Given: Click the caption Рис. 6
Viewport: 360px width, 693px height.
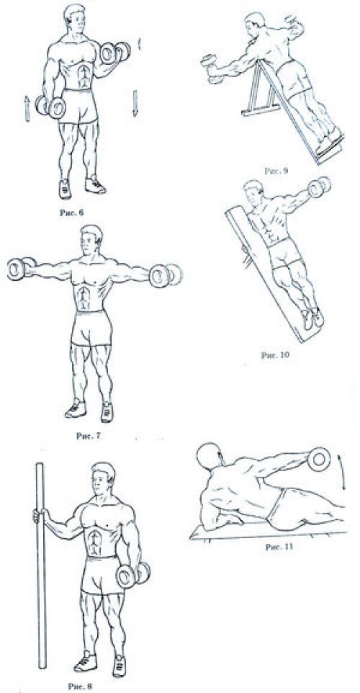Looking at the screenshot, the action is point(71,212).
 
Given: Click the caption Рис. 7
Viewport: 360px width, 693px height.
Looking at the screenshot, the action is point(89,436).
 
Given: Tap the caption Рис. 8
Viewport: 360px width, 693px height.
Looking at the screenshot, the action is point(80,687).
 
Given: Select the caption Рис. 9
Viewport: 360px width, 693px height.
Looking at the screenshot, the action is point(276,171).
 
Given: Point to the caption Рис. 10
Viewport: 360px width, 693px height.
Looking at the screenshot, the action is point(276,354).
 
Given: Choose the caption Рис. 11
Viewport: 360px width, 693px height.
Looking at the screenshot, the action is point(279,547).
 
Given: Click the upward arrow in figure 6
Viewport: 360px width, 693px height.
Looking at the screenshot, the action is point(27,109).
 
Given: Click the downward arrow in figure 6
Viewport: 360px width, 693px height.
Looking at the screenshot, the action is point(135,103).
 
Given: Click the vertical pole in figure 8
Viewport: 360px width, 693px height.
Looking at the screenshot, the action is point(41,565).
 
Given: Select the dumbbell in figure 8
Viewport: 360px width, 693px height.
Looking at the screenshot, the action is point(133,575).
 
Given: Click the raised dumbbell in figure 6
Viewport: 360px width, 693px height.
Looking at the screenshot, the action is point(115,53).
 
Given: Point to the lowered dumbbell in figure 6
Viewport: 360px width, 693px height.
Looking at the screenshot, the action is point(50,107).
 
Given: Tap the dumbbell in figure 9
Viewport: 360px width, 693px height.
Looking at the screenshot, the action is point(211,68).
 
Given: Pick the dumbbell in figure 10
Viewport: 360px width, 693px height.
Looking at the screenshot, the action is point(319,187).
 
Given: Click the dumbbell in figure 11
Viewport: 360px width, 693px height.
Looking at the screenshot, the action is point(320,459).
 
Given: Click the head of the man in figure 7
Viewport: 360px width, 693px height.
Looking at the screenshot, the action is point(91,241).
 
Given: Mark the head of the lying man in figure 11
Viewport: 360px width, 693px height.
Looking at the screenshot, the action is point(208,456).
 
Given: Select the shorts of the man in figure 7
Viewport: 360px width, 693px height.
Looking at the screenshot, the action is point(91,328).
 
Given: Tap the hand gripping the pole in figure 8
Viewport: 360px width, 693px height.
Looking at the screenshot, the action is point(39,515).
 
